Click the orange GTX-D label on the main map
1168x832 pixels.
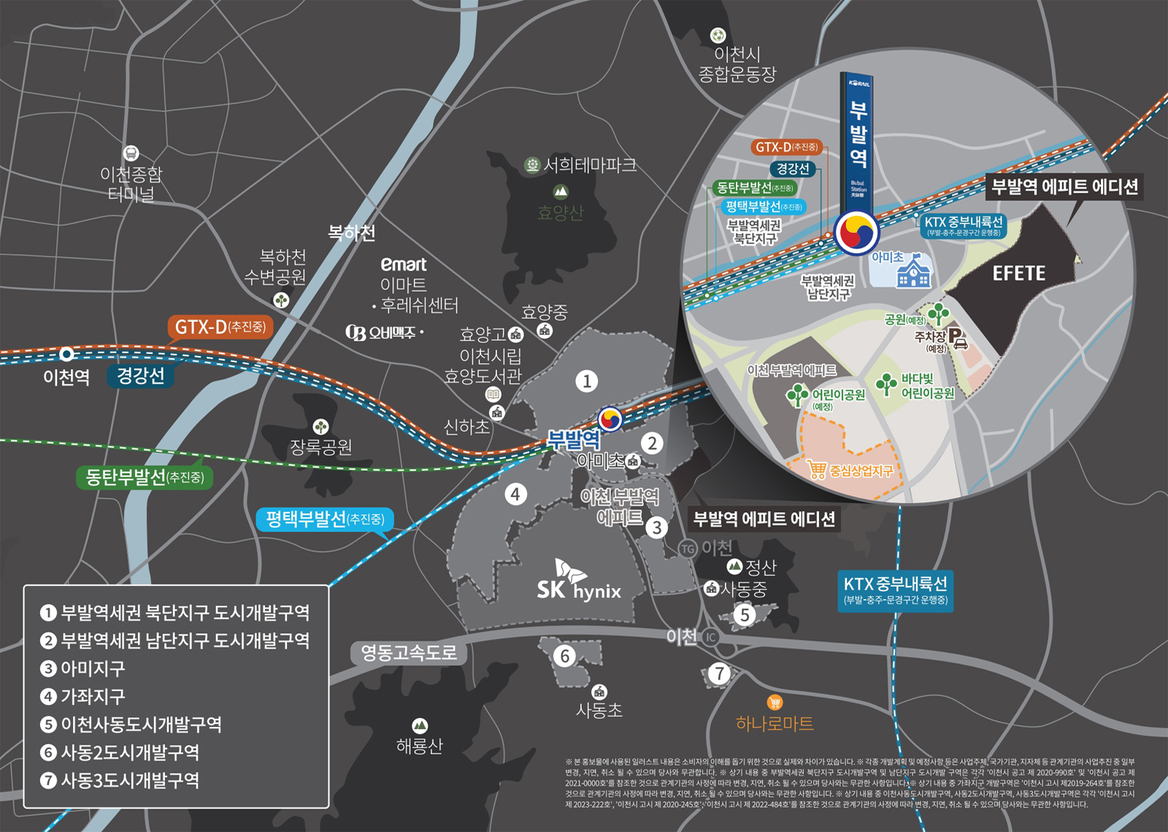[220, 327]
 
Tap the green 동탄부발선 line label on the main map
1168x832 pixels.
[145, 477]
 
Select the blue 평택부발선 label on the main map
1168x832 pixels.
[325, 519]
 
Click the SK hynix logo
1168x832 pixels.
[578, 582]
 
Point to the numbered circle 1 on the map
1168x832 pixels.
[586, 381]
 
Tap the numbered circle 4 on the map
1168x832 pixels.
[515, 494]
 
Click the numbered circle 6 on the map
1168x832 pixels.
[564, 656]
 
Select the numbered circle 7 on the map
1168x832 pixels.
[720, 673]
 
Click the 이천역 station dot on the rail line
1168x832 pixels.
[66, 354]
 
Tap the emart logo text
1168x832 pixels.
[403, 264]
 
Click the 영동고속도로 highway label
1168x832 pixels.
[409, 652]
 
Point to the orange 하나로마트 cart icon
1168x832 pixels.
[775, 702]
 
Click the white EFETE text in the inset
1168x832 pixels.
[1018, 274]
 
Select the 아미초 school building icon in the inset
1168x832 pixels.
[913, 271]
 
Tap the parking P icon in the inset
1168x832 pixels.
[957, 337]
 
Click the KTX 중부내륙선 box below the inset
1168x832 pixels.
[895, 590]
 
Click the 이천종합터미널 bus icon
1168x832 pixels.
[131, 153]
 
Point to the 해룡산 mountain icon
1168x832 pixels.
[420, 725]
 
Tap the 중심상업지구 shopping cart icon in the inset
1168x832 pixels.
[816, 469]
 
